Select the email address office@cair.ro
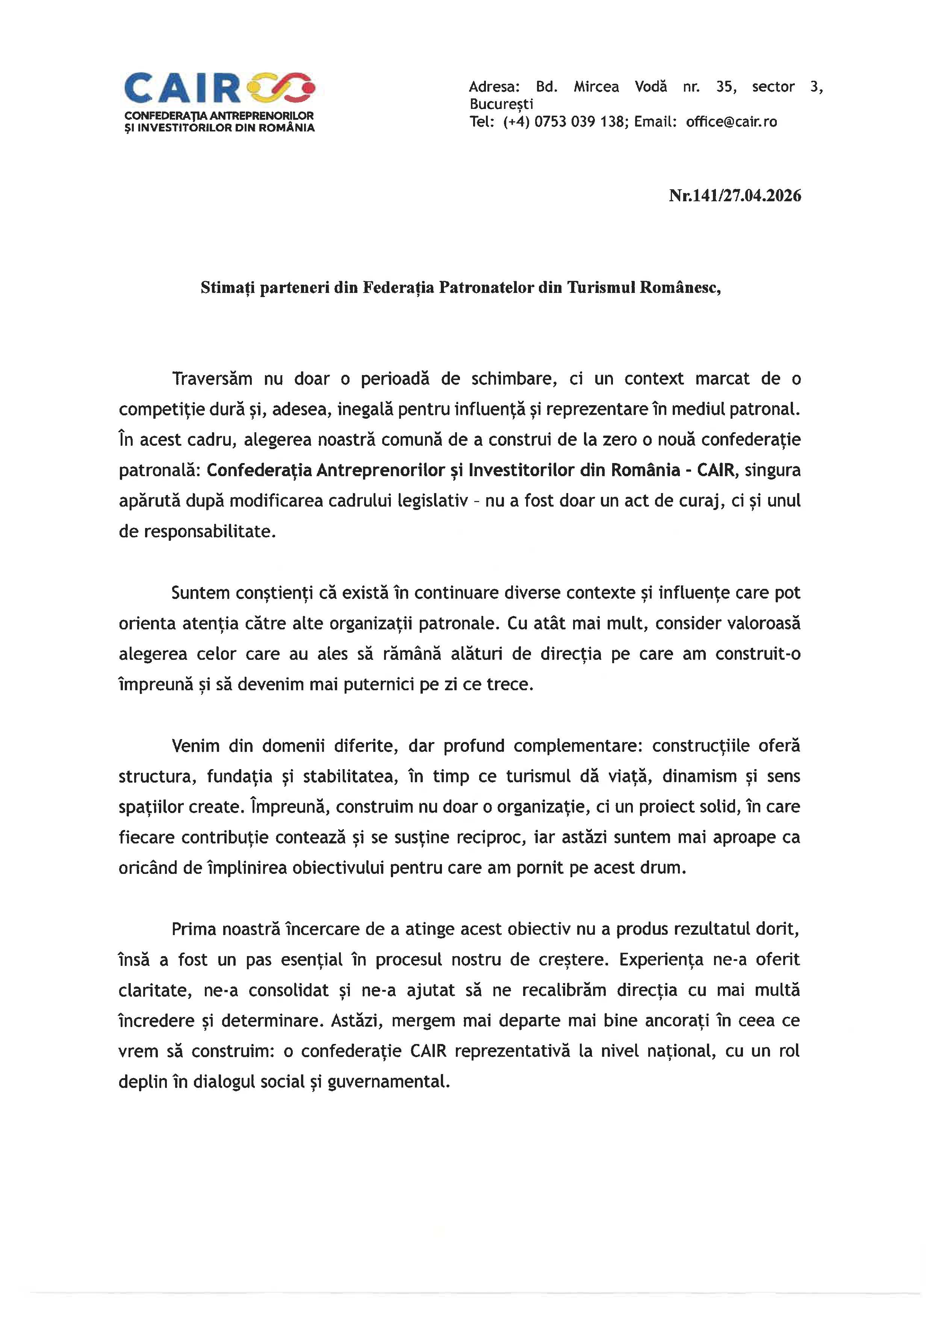[x=731, y=122]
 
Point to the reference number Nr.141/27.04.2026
[x=735, y=196]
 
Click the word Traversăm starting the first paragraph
[x=212, y=379]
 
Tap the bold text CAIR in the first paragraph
[x=715, y=470]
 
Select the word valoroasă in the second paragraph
[x=763, y=623]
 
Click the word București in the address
[x=501, y=104]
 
